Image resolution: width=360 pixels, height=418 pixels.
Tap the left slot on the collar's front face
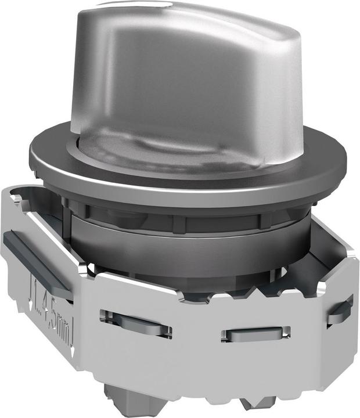[136, 323]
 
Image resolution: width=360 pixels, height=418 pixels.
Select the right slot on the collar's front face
[255, 334]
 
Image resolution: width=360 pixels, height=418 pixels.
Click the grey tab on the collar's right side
[339, 311]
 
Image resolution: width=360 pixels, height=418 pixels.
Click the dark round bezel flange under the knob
[186, 174]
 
